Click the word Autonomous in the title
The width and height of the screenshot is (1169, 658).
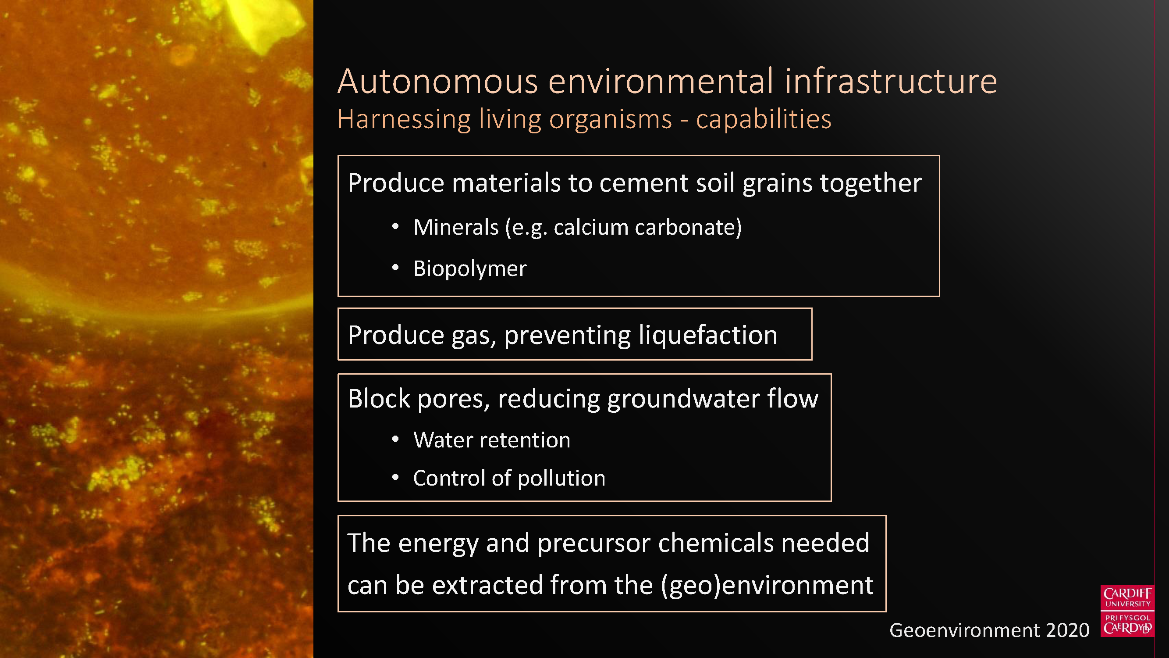coord(437,81)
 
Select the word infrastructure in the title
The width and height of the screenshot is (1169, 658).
coord(891,81)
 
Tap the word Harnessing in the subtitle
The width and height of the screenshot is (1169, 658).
coord(404,120)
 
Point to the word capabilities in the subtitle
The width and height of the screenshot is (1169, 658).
coord(764,120)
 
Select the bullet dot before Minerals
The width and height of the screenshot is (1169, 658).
coord(395,227)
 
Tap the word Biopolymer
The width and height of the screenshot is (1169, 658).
coord(470,268)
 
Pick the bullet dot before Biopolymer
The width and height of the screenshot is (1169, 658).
coord(395,268)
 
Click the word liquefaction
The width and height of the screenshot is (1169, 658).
coord(708,336)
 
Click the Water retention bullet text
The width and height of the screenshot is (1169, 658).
coord(492,440)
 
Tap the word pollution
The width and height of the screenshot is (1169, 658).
coord(561,478)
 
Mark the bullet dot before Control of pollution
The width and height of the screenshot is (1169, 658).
coord(395,477)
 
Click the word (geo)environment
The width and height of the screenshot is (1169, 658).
coord(767,585)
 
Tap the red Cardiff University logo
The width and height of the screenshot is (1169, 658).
coord(1128,611)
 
